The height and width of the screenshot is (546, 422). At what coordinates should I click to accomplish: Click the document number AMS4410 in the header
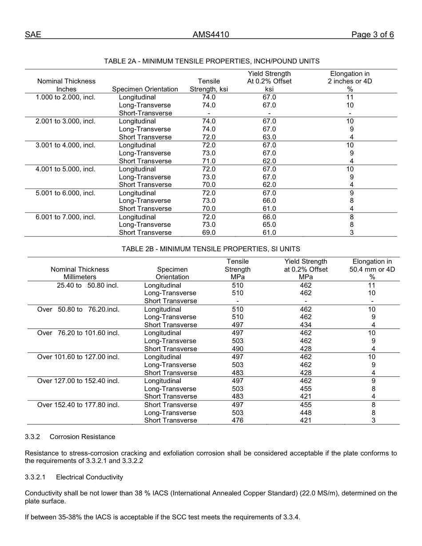(211, 35)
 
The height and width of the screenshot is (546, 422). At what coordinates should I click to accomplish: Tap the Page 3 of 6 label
(372, 35)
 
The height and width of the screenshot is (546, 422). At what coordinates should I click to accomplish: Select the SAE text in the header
(33, 35)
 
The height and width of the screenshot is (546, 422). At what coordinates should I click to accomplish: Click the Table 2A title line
(211, 61)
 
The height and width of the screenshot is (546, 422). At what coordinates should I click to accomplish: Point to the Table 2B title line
(211, 249)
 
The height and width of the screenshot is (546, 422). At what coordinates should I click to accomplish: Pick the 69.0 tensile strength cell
(209, 233)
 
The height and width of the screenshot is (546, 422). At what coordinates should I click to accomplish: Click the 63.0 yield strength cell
(269, 137)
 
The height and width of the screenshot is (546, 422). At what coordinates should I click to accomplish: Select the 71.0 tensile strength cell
(209, 161)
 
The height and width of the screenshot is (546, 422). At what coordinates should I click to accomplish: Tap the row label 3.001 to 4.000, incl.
(65, 145)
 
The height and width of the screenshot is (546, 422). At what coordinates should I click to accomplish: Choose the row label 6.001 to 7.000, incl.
(65, 217)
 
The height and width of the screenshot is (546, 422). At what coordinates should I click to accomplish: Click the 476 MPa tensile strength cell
(238, 420)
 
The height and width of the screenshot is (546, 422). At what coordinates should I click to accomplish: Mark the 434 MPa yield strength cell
(306, 325)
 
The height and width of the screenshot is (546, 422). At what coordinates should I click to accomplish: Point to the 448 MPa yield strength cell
(306, 413)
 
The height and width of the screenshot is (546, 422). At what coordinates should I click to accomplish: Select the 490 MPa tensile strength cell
(238, 349)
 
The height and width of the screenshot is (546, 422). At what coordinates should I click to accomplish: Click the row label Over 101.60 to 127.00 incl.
(78, 357)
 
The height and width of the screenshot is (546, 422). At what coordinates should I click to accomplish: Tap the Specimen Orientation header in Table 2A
(145, 89)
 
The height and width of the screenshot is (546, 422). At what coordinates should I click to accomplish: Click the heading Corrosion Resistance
(82, 437)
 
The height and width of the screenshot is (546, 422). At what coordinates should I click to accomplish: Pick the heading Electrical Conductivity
(89, 477)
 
